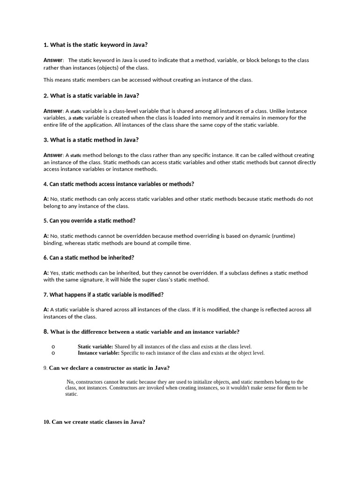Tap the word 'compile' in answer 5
click(161, 243)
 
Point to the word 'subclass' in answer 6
click(222, 273)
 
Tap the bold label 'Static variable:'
click(95, 346)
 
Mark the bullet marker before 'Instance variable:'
click(53, 353)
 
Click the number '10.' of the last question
click(46, 422)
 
